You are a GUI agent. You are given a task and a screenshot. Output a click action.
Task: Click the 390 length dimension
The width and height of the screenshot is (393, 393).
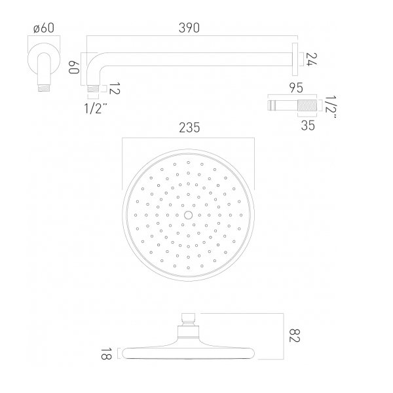pos(189,28)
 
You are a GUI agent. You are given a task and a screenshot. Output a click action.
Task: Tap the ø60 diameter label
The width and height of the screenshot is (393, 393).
pos(44,28)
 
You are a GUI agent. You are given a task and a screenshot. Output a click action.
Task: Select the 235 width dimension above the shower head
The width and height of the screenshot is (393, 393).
pos(189,128)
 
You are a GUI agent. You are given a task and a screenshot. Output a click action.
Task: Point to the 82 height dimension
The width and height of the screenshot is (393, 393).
pos(295,335)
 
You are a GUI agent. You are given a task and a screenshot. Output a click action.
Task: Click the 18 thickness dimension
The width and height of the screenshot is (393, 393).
pos(106,354)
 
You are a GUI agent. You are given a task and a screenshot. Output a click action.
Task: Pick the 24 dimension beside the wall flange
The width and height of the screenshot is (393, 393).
pos(312,60)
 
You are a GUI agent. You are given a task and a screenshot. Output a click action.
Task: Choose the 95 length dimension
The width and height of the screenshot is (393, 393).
pos(296,88)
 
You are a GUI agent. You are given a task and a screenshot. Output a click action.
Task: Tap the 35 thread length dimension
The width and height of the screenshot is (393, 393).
pos(308,125)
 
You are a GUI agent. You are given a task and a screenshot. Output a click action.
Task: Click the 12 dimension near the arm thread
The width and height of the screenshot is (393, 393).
pos(115,88)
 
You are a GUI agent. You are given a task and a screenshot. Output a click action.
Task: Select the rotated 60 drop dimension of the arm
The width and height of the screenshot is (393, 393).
pos(74,67)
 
